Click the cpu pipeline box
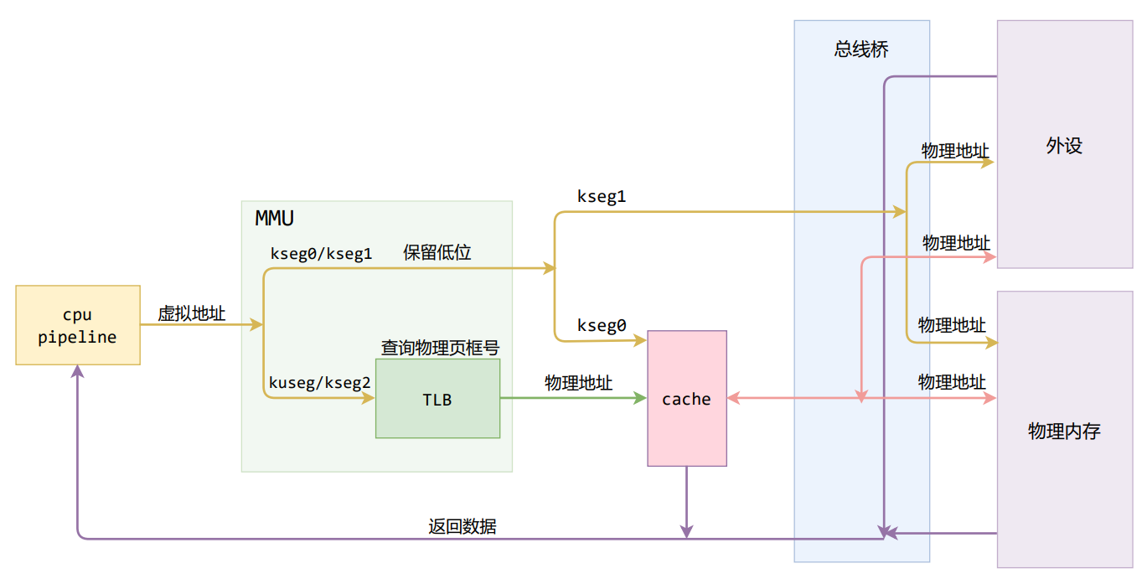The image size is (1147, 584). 78,325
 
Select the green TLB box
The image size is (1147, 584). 437,399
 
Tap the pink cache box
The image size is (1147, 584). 687,399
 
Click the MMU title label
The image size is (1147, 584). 274,220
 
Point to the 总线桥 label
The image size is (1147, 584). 861,49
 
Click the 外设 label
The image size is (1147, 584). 1064,146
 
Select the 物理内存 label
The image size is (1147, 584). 1064,432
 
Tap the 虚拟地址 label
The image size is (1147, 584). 192,313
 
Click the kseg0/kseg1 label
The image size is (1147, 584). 321,253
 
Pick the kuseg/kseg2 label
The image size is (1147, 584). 319,383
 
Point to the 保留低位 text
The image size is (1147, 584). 437,252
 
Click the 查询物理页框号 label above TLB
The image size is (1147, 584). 441,347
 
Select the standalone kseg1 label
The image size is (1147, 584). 602,197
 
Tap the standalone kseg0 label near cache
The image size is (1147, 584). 602,326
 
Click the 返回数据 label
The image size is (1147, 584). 462,526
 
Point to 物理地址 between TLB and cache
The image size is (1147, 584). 578,383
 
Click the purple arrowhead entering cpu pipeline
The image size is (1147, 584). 78,372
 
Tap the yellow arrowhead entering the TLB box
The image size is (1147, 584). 369,398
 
